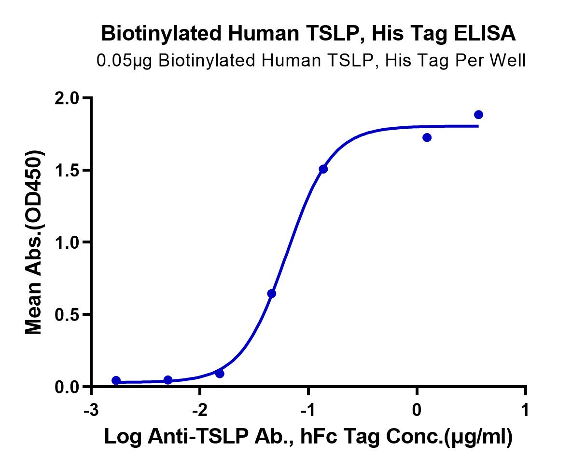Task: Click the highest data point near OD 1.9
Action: tap(478, 115)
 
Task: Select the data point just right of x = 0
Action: tap(427, 138)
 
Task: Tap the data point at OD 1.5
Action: tap(323, 169)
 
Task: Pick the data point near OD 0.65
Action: tap(271, 294)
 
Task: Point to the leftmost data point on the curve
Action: tap(116, 380)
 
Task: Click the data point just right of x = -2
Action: tap(220, 374)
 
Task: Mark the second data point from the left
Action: tap(168, 380)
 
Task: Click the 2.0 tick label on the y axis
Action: tap(67, 98)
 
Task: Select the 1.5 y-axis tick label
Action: tap(67, 171)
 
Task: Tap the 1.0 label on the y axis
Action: tap(67, 242)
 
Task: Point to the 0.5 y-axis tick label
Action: tap(67, 314)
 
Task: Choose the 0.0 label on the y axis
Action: tap(67, 387)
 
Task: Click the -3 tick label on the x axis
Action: tap(91, 410)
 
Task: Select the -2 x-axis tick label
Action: tap(200, 410)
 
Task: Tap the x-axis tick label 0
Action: tap(417, 410)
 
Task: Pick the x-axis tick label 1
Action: tap(525, 410)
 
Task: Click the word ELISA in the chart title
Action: tap(485, 34)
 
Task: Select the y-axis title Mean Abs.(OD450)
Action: tap(34, 242)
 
